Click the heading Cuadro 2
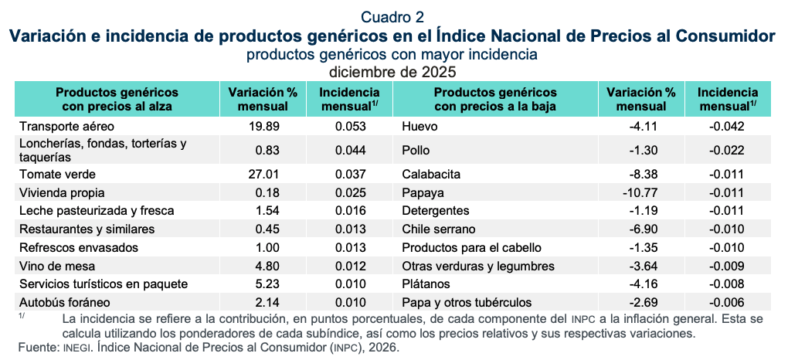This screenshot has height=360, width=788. (393, 16)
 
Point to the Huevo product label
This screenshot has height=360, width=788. (419, 126)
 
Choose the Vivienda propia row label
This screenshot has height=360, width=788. (62, 192)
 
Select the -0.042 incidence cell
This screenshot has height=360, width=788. (727, 126)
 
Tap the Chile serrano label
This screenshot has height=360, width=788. (439, 229)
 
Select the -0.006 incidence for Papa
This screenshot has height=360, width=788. (727, 301)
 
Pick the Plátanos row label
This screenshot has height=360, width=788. (426, 284)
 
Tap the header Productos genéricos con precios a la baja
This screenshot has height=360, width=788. (495, 99)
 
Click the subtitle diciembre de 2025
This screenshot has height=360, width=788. (393, 72)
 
